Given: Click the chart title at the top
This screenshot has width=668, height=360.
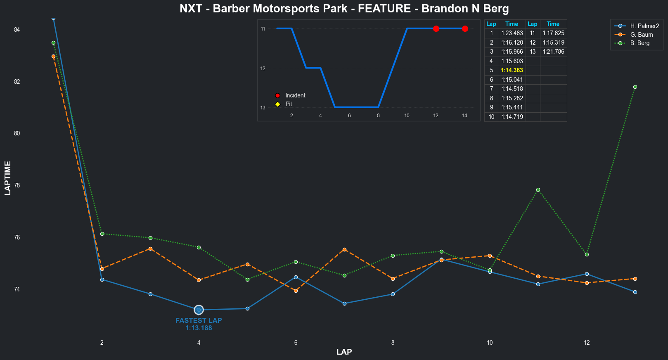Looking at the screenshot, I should coord(344,9).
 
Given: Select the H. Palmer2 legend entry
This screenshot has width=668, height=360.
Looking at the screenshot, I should coord(644,26).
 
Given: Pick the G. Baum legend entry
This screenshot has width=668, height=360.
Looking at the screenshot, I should coord(641,35).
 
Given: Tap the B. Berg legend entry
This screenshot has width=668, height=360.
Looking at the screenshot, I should coord(640,43).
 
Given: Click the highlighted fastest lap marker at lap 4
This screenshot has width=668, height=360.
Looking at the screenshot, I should coord(199,310).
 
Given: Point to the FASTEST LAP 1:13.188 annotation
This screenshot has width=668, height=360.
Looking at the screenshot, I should coord(199,324).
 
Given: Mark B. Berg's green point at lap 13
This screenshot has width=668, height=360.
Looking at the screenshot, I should coord(635,87).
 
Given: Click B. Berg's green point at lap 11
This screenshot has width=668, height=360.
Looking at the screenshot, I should coord(538,190).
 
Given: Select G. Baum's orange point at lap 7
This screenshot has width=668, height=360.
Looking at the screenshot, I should coord(344,249).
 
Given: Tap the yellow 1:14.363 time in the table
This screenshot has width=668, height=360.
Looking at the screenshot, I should coord(512,70).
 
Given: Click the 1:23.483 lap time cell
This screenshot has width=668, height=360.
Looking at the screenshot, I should coord(512,33).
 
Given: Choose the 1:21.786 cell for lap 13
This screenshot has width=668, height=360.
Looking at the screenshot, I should coord(553,52).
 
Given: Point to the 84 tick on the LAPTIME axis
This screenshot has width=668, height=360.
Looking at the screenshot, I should coord(17,30).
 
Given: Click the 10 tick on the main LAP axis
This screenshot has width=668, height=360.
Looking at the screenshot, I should coord(490,342).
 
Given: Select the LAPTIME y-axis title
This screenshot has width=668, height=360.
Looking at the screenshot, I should coord(8,178).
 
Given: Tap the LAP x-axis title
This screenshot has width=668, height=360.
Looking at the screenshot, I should coord(344,352).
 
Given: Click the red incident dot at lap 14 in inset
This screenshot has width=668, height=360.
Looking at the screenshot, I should coord(465,28).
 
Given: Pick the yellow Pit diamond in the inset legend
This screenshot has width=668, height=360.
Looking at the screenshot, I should coord(277,104).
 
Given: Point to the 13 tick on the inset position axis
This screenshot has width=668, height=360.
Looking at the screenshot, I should coord(263,108).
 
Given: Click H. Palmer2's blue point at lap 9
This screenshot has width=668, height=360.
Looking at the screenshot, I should coord(441,259).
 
